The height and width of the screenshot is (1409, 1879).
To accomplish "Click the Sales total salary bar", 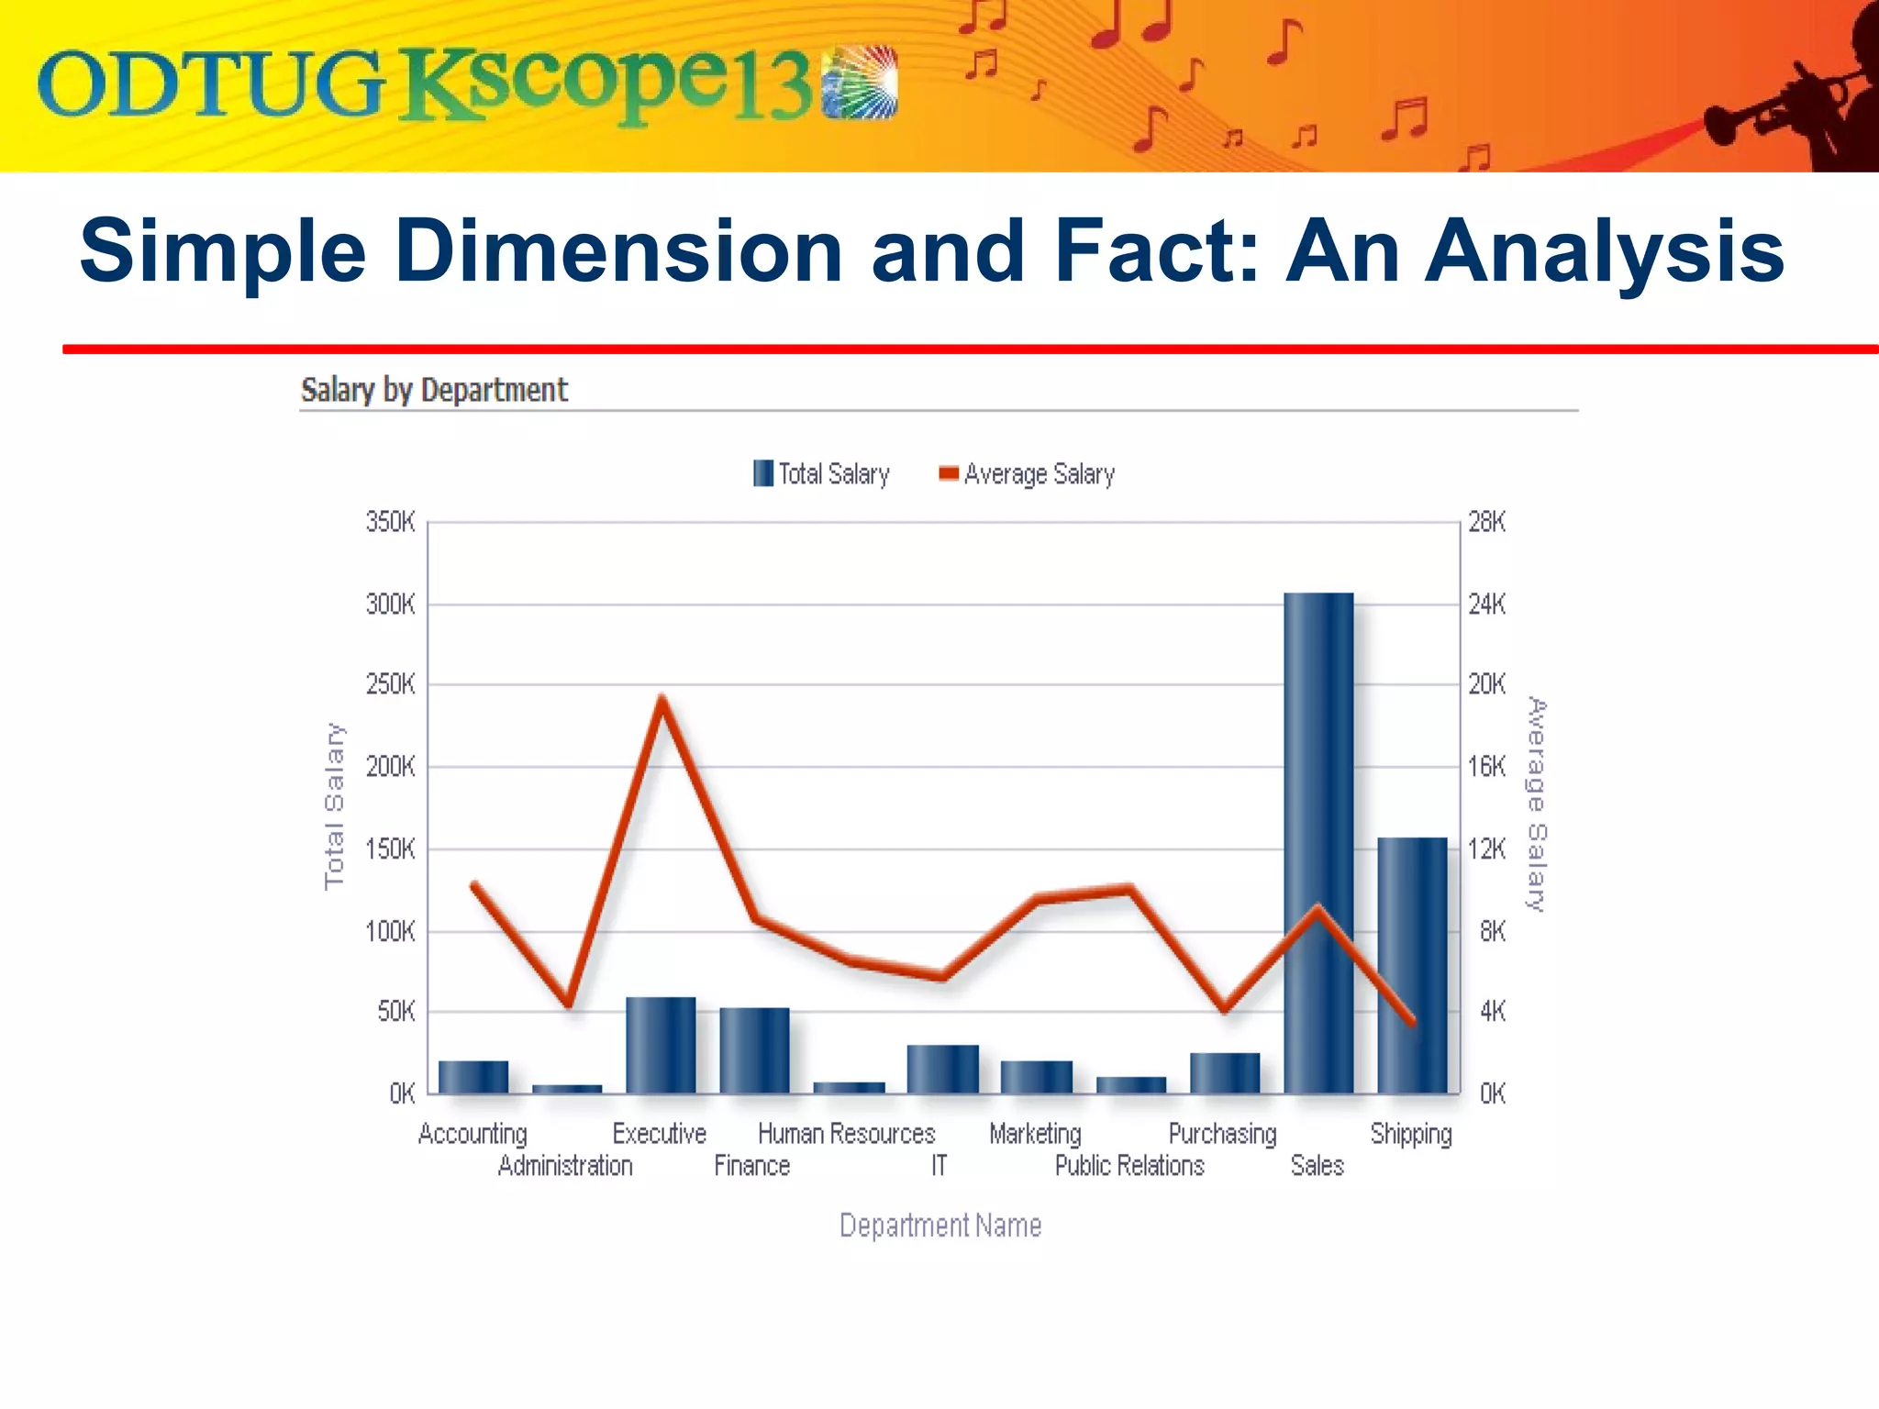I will coord(1318,844).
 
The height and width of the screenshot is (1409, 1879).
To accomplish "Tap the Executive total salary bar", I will coord(661,1045).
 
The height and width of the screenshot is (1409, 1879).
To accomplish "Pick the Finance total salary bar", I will coord(754,1050).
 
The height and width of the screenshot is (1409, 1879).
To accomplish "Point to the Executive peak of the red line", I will coord(662,700).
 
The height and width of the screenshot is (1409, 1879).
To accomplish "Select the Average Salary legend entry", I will coord(1027,474).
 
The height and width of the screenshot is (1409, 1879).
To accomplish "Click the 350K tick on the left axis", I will coord(391,523).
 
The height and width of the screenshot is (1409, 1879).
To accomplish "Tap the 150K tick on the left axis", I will coord(391,849).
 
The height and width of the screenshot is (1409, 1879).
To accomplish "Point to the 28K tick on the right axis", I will coord(1486,523).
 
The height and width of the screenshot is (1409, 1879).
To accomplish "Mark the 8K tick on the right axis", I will coord(1492,932).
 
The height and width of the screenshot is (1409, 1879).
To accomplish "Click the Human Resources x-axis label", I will coord(846,1135).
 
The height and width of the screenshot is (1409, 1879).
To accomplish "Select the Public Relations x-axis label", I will coord(1129,1166).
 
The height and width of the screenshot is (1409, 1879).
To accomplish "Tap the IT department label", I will coord(939,1166).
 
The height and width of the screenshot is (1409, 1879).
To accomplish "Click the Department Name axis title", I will coord(940,1226).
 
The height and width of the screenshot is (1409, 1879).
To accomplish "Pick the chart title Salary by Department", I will coord(434,390).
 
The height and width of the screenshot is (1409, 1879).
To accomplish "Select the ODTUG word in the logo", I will coord(209,84).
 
